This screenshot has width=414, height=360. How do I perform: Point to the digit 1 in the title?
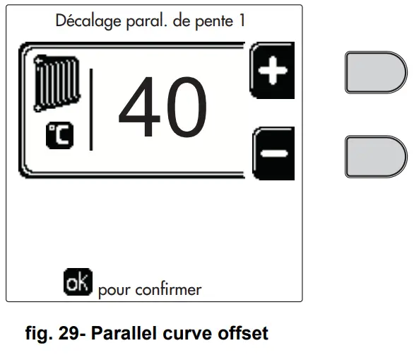(241, 21)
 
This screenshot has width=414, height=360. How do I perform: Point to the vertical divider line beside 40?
(91, 110)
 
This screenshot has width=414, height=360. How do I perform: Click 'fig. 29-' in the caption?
(50, 332)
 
